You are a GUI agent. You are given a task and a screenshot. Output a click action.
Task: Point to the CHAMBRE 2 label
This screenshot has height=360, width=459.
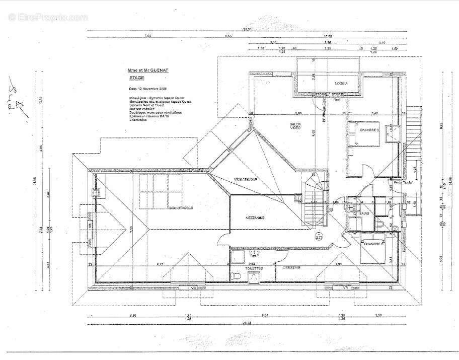374,244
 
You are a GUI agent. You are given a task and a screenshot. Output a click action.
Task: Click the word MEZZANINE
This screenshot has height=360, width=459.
255,218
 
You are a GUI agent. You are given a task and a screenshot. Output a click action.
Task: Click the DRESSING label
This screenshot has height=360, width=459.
291,267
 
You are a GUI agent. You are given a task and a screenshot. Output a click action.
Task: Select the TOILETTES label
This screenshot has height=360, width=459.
254,269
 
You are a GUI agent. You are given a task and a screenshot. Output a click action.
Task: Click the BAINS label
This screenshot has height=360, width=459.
364,213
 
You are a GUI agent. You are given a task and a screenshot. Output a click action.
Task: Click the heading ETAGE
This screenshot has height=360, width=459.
136,79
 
